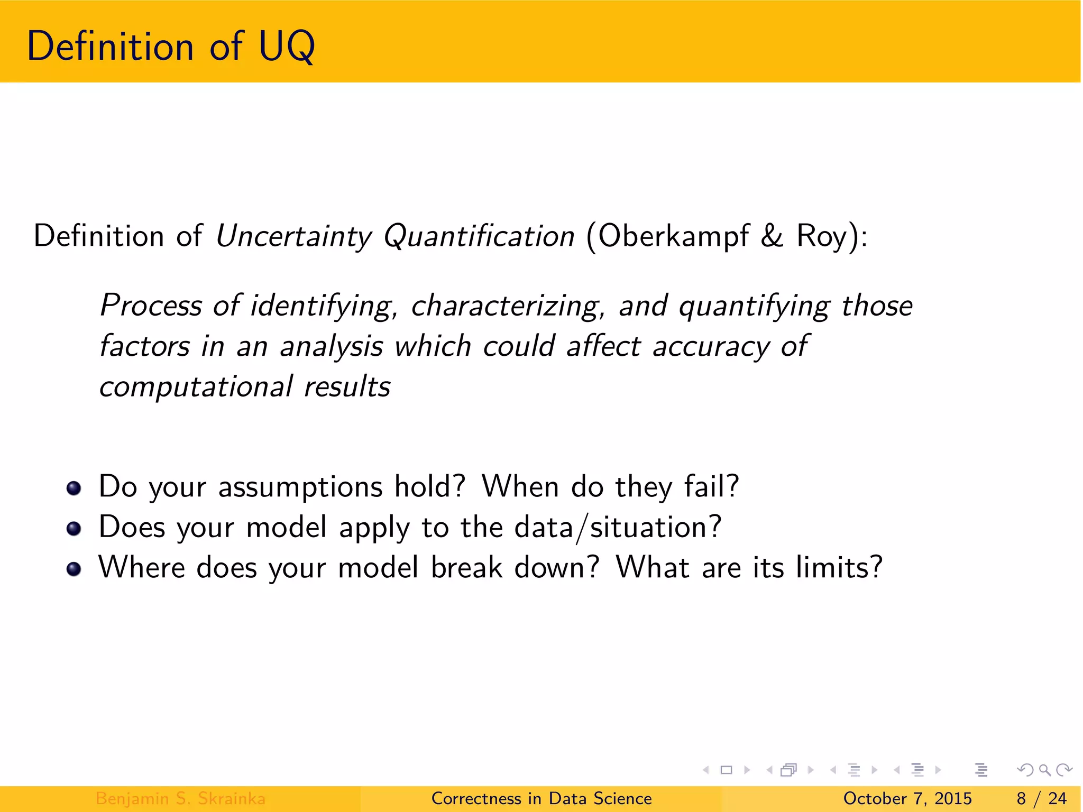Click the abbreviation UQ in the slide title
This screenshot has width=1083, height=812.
287,47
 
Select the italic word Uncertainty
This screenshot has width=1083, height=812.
293,236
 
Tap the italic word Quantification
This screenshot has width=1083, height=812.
479,236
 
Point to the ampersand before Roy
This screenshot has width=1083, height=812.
772,236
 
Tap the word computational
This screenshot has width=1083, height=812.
196,387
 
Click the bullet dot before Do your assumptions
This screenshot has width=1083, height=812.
74,488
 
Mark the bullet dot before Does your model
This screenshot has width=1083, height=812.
74,528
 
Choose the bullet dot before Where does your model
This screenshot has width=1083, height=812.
74,569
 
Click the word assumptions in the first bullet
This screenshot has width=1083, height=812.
300,487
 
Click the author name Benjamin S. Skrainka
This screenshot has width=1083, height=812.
180,798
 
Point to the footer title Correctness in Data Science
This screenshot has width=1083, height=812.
541,798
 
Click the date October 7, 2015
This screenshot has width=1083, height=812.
907,798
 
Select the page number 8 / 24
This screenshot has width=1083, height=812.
1041,798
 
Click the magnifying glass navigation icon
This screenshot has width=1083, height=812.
1044,770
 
